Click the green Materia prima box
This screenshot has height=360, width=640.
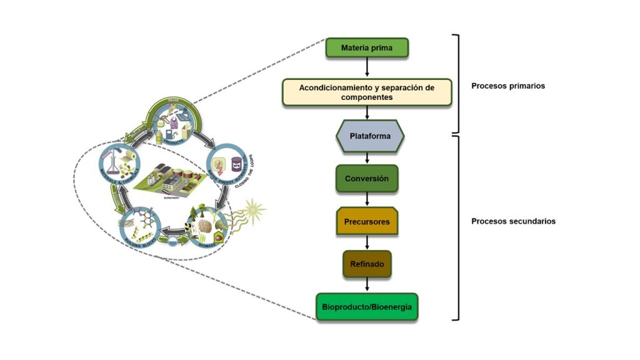[367, 47]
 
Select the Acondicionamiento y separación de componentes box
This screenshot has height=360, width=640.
[366, 92]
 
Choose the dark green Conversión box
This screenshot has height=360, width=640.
[367, 179]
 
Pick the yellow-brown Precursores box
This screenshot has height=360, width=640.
[367, 222]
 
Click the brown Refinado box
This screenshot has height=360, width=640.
[367, 264]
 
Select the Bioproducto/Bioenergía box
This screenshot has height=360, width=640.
[367, 307]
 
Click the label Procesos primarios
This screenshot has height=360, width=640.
[507, 86]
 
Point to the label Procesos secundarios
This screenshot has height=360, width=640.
[513, 221]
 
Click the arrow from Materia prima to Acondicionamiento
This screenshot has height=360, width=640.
[367, 67]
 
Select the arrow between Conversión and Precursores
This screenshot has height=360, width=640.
[367, 199]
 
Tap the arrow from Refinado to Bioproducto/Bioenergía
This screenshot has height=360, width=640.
[367, 285]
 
